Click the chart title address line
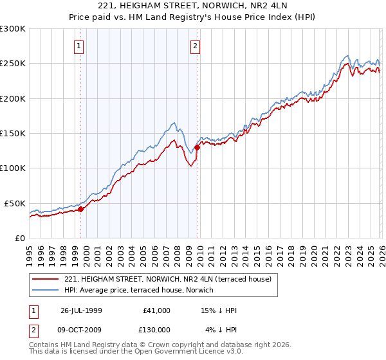(193, 7)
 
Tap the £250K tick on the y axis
(13, 64)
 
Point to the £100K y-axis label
(13, 168)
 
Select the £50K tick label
(15, 203)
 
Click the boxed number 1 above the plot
(78, 46)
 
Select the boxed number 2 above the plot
(194, 46)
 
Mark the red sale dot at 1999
(81, 209)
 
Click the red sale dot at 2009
(197, 147)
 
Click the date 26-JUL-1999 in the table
(81, 310)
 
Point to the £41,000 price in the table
(156, 310)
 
